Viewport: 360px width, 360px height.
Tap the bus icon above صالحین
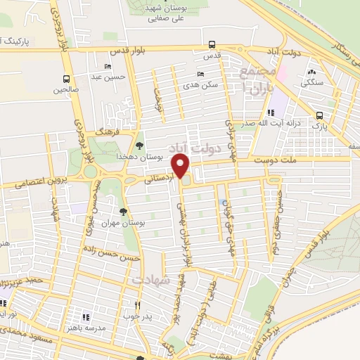(66, 79)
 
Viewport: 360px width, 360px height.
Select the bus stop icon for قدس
(208, 44)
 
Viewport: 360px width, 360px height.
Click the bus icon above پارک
(320, 116)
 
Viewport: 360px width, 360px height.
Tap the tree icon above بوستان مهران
(124, 211)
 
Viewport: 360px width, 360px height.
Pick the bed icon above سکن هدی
(200, 75)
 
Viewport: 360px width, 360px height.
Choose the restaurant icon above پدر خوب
(138, 307)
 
